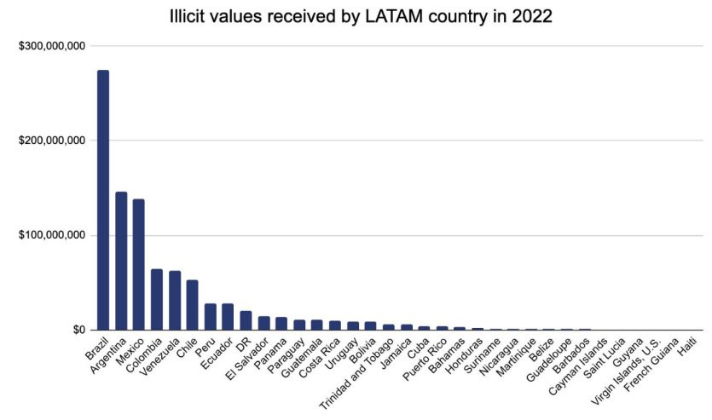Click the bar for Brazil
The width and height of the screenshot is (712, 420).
103,200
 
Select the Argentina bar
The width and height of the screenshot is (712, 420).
121,261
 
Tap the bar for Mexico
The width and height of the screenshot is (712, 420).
139,264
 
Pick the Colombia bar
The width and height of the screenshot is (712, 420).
157,299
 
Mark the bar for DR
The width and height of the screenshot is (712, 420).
246,320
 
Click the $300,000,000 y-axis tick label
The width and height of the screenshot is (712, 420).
51,45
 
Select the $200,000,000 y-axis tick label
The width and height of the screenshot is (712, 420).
51,140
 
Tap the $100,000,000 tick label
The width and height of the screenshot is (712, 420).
51,235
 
